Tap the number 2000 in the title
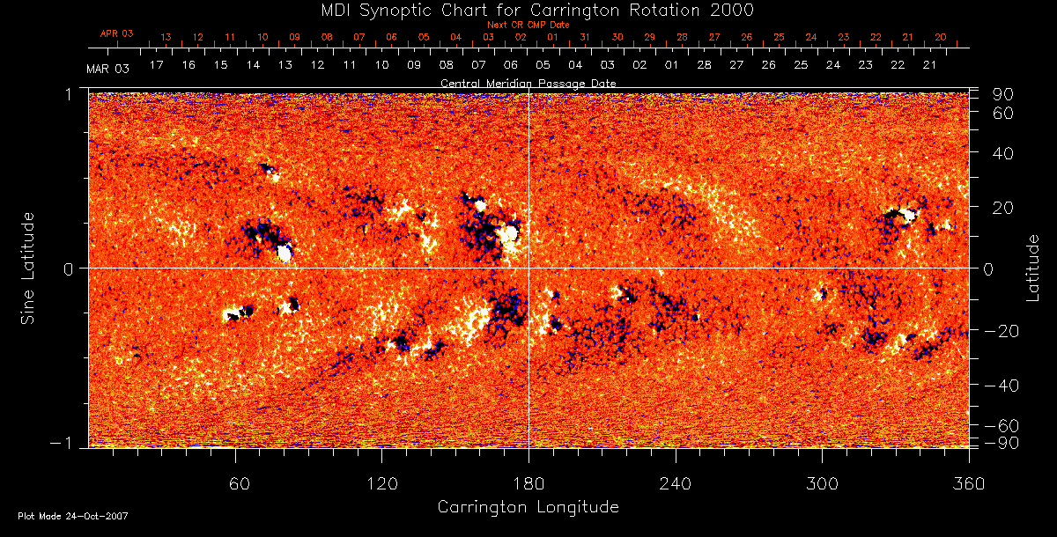[730, 10]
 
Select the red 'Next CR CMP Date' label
[528, 25]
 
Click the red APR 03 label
[116, 33]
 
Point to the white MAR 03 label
[108, 69]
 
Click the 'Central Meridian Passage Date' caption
[528, 83]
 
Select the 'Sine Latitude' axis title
[29, 268]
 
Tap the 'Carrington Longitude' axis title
[528, 507]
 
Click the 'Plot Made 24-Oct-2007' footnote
[73, 516]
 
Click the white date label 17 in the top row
[157, 65]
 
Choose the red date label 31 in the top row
[585, 38]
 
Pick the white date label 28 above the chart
[704, 65]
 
